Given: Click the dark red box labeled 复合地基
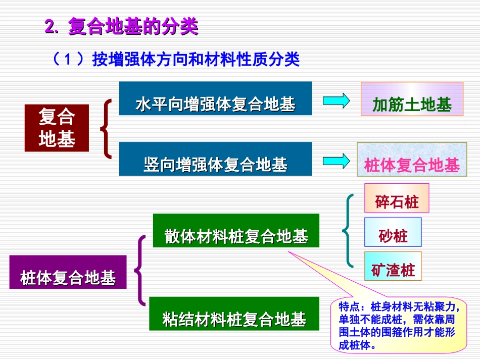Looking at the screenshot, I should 57,128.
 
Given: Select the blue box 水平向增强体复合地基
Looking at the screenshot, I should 215,98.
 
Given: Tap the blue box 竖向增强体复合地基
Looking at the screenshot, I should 215,159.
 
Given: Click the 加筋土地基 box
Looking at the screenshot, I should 412,99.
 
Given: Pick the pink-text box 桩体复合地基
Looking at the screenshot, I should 412,160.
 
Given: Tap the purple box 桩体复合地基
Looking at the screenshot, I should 68,272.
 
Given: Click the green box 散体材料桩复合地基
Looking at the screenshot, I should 236,231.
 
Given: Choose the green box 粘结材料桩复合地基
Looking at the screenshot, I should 234,314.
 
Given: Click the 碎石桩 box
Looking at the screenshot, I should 397,198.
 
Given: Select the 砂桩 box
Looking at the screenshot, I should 393,232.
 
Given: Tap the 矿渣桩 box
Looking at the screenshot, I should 393,266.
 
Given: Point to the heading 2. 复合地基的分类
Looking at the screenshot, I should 121,27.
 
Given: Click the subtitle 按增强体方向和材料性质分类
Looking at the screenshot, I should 196,60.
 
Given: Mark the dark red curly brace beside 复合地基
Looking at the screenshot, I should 106,128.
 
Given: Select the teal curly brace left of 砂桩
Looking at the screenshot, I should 348,231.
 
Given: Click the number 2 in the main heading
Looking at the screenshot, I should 49,27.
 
